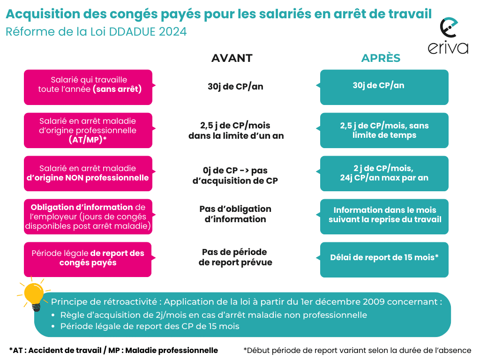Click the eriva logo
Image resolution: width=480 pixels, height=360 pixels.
[x=448, y=37]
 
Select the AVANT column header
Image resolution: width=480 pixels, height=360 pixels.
[x=232, y=58]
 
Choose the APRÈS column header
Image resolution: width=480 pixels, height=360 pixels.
[x=381, y=58]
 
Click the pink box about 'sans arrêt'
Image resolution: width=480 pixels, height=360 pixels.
[x=88, y=87]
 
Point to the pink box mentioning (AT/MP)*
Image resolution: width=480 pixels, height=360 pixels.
[x=88, y=130]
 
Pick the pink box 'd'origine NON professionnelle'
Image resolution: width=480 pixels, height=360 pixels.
[x=88, y=173]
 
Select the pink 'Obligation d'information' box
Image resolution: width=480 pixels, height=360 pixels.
[x=88, y=217]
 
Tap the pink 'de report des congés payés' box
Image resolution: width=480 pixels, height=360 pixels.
[x=88, y=259]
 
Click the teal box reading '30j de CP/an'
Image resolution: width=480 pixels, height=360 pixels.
[x=384, y=87]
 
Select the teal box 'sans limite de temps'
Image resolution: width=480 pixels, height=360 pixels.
[x=384, y=130]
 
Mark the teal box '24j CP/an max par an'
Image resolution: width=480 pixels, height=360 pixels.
[x=384, y=173]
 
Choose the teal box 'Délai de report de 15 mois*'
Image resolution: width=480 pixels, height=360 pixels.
[x=384, y=259]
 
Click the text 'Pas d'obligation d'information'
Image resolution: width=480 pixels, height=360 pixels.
[x=235, y=214]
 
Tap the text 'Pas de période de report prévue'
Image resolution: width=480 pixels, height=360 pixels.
[x=235, y=257]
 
